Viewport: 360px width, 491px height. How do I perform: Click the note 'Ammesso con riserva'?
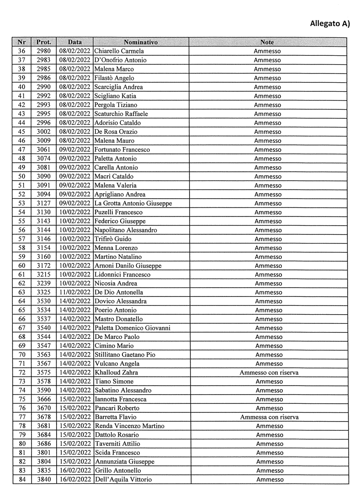pos(269,373)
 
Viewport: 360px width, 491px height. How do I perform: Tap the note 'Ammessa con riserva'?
pos(269,417)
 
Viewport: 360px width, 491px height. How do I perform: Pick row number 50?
pos(21,176)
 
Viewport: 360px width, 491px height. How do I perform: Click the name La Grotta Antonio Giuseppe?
pos(133,203)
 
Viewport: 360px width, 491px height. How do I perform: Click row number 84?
pos(21,480)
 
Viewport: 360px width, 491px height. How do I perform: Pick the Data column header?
pos(75,42)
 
